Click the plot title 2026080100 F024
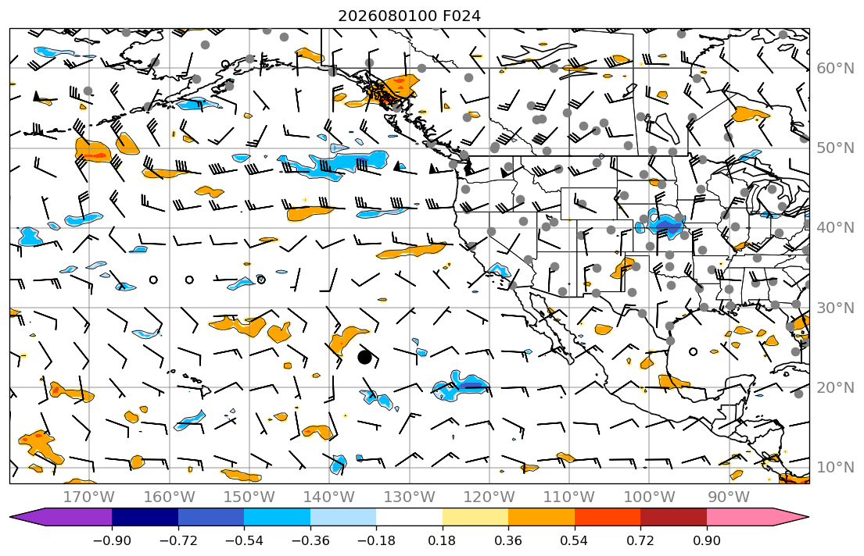point(409,16)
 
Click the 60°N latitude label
point(835,68)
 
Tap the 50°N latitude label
point(835,148)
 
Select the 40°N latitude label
point(835,228)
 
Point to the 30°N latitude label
point(835,308)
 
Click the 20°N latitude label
point(835,387)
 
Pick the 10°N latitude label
point(835,468)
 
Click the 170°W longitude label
point(89,497)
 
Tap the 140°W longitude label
point(329,497)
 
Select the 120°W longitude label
point(489,497)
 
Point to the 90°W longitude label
point(729,497)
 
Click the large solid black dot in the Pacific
point(364,358)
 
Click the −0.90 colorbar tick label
point(112,540)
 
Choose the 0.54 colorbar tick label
point(574,540)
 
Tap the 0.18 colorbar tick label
point(442,540)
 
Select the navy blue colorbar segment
point(145,518)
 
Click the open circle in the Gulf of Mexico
point(694,351)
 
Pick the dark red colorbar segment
point(673,518)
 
